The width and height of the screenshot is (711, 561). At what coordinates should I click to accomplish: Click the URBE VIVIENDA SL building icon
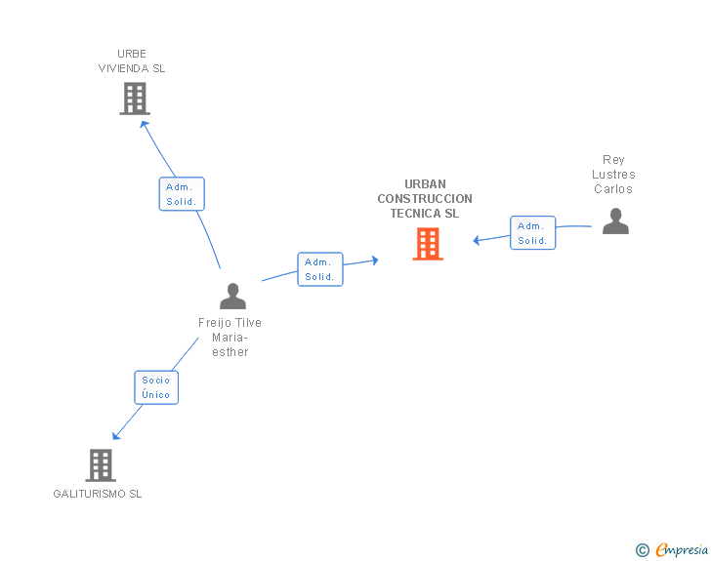point(135,99)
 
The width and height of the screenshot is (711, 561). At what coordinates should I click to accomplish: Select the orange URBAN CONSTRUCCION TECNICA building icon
point(428,244)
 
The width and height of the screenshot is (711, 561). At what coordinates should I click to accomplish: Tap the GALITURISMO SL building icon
point(101,465)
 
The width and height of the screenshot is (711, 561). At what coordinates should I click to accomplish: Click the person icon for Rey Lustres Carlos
point(615,221)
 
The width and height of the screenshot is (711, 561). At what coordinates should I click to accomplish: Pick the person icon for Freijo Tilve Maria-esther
point(232,296)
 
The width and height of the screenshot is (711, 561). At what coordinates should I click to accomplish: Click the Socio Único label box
point(156,387)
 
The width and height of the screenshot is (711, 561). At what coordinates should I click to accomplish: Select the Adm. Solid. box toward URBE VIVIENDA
point(182,194)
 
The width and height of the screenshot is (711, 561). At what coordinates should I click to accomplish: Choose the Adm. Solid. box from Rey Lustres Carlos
point(532,233)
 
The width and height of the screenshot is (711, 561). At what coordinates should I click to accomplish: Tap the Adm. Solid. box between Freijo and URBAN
point(320,269)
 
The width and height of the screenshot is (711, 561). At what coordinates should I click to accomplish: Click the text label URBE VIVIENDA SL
point(132,61)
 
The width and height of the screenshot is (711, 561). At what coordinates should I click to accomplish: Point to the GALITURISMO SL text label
point(98,494)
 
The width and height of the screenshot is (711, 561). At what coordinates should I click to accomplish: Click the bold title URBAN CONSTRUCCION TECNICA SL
point(425,199)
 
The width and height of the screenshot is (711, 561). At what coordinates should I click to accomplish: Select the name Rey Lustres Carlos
point(613,175)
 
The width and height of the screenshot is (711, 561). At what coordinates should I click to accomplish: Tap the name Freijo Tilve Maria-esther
point(230,338)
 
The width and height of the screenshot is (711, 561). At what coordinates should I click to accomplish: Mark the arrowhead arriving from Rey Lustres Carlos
point(478,240)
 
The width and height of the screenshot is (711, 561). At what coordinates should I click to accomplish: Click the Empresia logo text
point(682,550)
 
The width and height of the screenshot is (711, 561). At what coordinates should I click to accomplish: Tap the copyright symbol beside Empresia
point(642,550)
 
